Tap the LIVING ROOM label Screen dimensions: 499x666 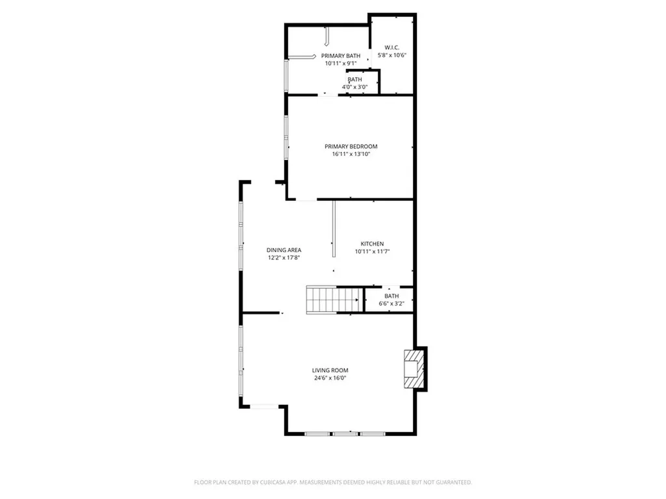330,370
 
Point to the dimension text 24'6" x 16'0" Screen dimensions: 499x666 330,377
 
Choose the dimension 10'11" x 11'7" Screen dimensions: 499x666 373,251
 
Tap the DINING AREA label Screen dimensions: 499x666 284,250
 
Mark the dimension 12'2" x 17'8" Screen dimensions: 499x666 284,258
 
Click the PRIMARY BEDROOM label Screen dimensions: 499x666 351,147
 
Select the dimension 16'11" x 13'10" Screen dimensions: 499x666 351,154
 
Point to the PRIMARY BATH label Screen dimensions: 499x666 341,56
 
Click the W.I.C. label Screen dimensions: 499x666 392,47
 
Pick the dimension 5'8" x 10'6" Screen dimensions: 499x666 392,55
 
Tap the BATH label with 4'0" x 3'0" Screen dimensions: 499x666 355,79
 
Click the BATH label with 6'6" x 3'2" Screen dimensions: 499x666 392,296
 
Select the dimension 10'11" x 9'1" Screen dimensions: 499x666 341,64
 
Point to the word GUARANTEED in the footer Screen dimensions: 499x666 450,482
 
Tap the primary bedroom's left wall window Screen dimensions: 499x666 286,138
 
